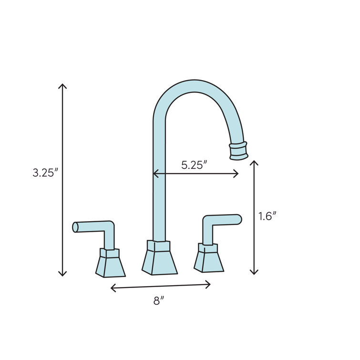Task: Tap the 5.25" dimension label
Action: (x=194, y=165)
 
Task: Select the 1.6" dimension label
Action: (x=267, y=216)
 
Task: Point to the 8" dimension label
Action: (x=159, y=301)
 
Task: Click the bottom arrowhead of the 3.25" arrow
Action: (x=62, y=274)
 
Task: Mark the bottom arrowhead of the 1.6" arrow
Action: (x=254, y=273)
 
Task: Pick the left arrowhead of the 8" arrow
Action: (x=112, y=288)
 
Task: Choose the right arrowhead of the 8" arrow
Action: (x=209, y=285)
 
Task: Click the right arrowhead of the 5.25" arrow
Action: (x=237, y=174)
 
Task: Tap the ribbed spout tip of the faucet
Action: (x=239, y=150)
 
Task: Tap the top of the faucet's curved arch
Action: (x=193, y=86)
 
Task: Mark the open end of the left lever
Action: (x=75, y=227)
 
